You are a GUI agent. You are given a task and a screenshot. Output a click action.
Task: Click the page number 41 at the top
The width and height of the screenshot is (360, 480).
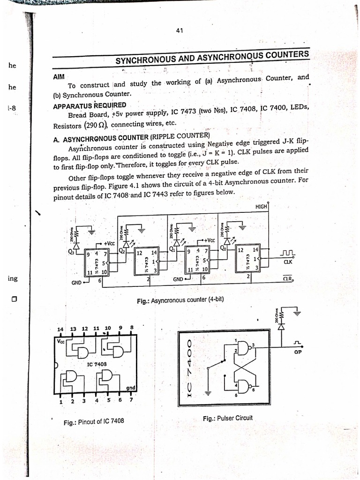[179, 31]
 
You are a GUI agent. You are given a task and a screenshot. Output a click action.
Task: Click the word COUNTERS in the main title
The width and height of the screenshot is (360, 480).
[287, 55]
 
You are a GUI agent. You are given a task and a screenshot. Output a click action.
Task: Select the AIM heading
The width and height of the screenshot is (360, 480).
[58, 77]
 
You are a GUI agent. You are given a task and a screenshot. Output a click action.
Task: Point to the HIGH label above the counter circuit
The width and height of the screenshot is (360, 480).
[261, 207]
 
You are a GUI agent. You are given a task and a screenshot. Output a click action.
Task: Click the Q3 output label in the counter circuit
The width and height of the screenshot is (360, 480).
[71, 251]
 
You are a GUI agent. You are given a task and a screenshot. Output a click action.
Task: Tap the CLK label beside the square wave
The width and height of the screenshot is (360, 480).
[287, 263]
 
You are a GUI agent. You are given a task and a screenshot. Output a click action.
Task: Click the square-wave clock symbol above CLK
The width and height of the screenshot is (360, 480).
[286, 254]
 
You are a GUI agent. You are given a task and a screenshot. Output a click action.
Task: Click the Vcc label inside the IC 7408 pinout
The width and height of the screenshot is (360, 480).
[61, 341]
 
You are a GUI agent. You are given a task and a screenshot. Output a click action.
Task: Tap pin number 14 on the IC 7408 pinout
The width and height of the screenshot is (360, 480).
[60, 329]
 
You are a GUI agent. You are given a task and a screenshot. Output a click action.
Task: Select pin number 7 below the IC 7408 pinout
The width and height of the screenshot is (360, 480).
[131, 400]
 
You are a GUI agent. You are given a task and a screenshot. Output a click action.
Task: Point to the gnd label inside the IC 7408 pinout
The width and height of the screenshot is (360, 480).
[131, 389]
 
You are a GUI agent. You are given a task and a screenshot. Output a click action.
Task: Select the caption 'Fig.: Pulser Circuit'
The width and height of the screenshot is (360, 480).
[227, 418]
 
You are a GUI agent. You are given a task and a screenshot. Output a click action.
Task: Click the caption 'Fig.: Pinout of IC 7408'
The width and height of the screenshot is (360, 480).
[94, 422]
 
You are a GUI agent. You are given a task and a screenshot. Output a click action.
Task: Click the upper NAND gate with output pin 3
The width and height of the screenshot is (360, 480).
[244, 347]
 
